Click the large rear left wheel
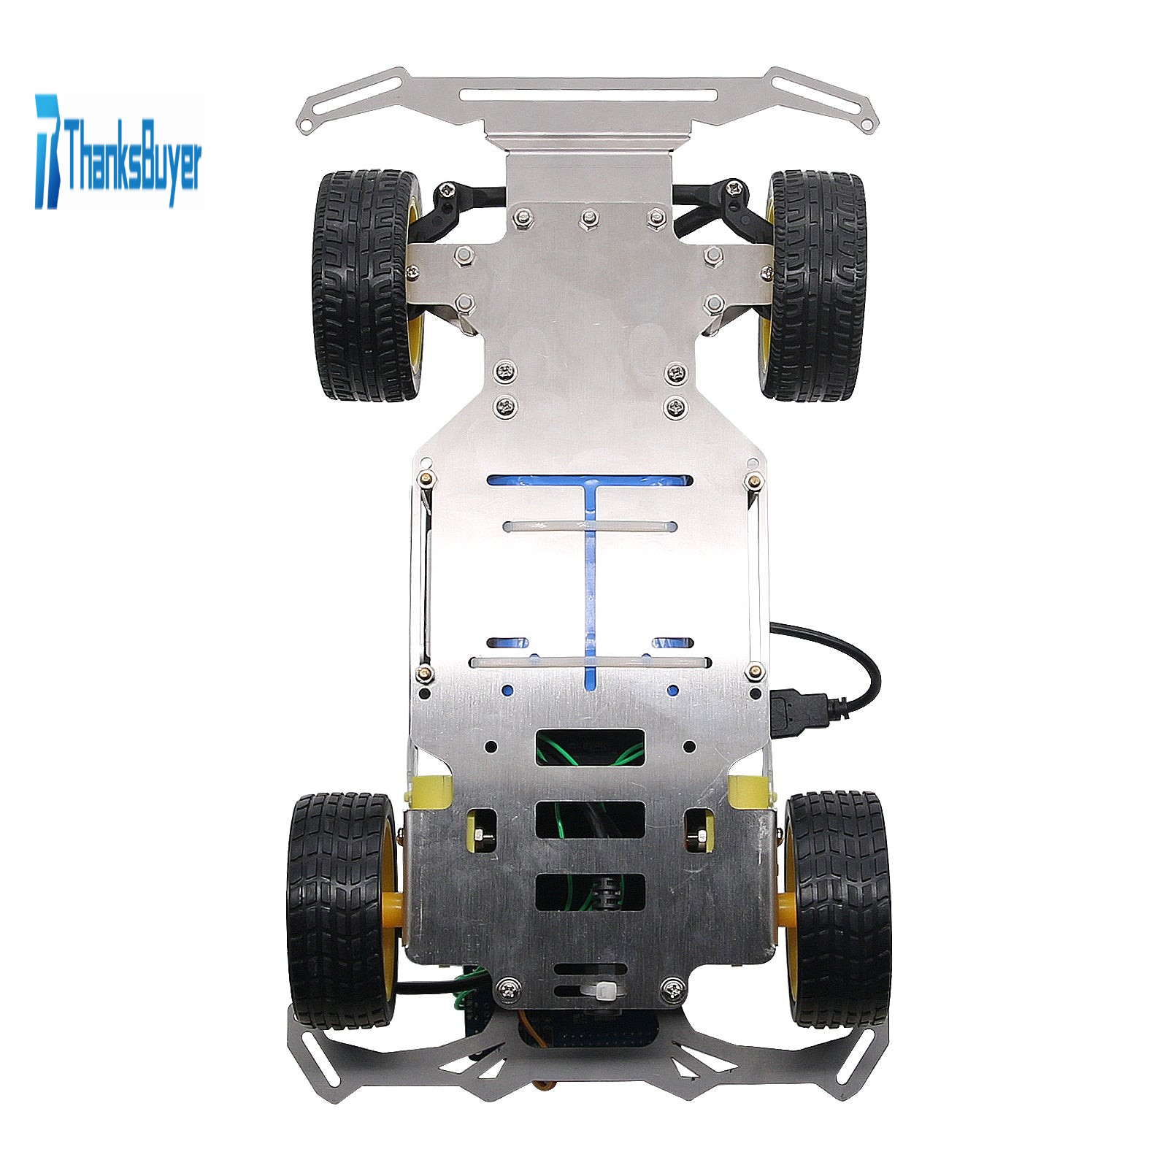tap(343, 899)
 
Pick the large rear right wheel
tap(839, 901)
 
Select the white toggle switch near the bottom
tap(605, 991)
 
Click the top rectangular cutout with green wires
tap(591, 747)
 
